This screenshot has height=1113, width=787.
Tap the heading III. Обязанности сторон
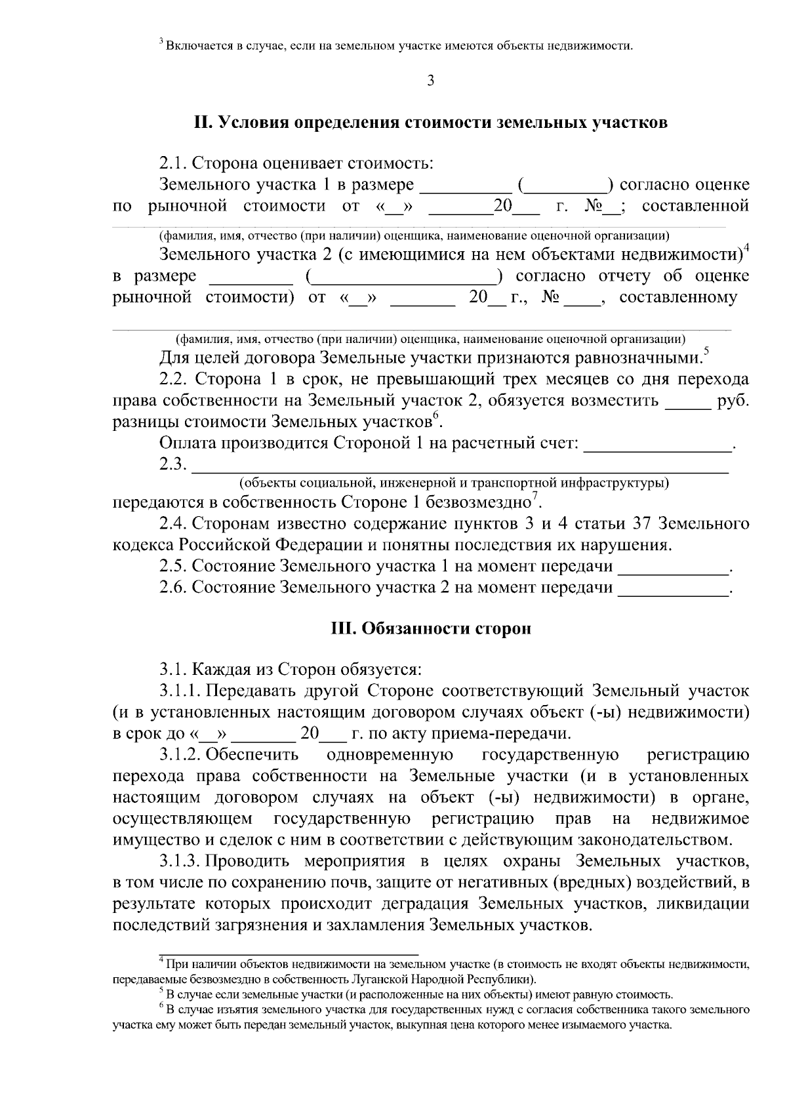pyautogui.click(x=430, y=628)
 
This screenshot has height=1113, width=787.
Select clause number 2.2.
pyautogui.click(x=173, y=379)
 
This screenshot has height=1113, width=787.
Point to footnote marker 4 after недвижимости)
pyautogui.click(x=746, y=248)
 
